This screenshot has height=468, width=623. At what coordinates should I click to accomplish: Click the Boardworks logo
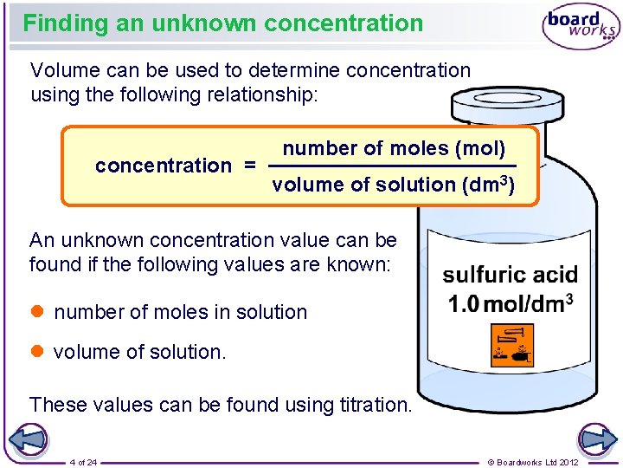pos(581,27)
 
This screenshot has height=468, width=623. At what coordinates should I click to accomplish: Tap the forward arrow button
pos(597,439)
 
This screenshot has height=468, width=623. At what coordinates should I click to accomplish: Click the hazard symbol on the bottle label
pos(511,344)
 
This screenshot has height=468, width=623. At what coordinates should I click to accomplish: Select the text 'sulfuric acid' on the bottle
pos(510,276)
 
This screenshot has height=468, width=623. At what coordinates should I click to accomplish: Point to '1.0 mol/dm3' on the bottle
pos(511,304)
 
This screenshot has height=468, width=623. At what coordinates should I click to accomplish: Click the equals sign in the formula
pos(249,166)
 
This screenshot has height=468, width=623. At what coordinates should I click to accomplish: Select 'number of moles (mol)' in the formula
pos(394,148)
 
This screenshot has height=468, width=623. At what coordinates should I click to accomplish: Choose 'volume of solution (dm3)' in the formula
pos(394,185)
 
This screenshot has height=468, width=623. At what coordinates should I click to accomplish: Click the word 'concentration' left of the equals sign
pos(164,166)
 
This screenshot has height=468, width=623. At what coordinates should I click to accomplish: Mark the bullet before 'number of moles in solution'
pos(37,312)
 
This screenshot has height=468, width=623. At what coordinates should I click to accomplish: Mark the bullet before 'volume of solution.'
pos(37,352)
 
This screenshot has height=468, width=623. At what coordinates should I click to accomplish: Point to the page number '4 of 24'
pos(83,462)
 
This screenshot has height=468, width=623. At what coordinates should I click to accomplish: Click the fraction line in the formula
pos(392,166)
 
